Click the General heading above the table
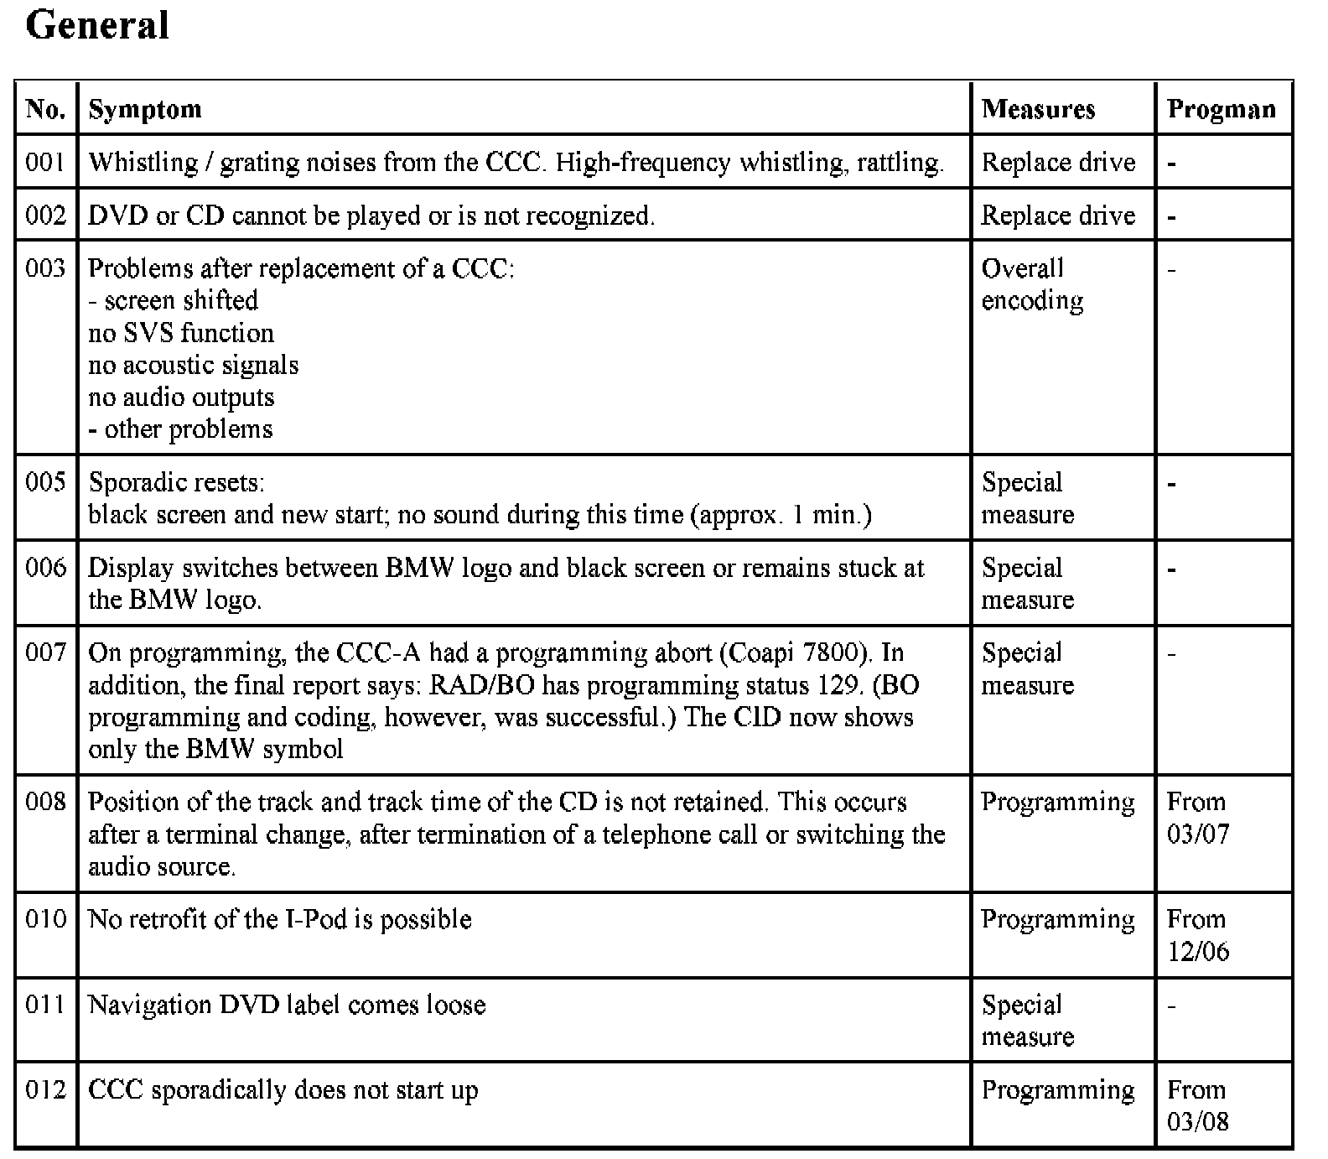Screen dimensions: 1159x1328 click(x=97, y=25)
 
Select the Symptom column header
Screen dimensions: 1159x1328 click(x=145, y=109)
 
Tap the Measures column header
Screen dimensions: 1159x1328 click(x=1038, y=109)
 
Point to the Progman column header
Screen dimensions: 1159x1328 click(x=1222, y=109)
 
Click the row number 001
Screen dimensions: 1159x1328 click(x=45, y=162)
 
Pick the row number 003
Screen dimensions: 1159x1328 click(x=45, y=268)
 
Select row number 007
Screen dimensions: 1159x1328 click(x=45, y=652)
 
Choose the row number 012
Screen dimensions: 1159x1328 click(x=45, y=1089)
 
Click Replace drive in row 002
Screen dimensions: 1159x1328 click(x=1058, y=216)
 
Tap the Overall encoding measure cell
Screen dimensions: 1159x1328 click(x=1032, y=284)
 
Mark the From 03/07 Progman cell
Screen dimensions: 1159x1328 click(x=1196, y=818)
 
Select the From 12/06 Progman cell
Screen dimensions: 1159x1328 click(x=1196, y=935)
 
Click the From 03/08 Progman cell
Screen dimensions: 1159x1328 click(x=1196, y=1105)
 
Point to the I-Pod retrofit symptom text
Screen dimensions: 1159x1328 click(x=279, y=919)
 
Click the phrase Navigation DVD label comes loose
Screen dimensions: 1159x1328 click(x=287, y=1005)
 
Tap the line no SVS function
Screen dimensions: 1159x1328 click(x=181, y=333)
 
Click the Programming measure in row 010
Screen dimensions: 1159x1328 click(x=1058, y=919)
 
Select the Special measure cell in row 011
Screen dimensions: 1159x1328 click(x=1027, y=1021)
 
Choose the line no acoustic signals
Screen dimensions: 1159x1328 click(x=194, y=365)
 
